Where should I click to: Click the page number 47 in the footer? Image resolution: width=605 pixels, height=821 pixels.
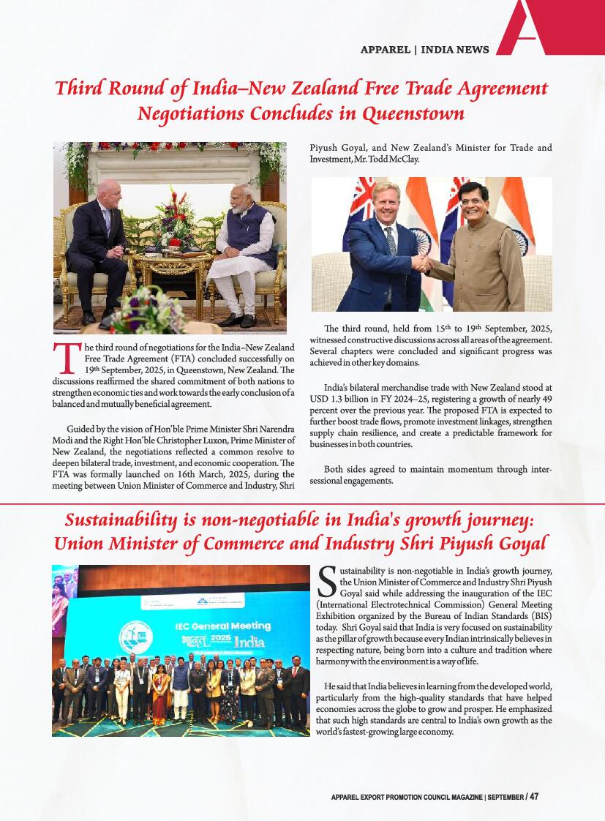[534, 796]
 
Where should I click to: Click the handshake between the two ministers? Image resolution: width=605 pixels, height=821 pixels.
[422, 265]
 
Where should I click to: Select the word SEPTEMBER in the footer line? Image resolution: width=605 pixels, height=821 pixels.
[506, 797]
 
